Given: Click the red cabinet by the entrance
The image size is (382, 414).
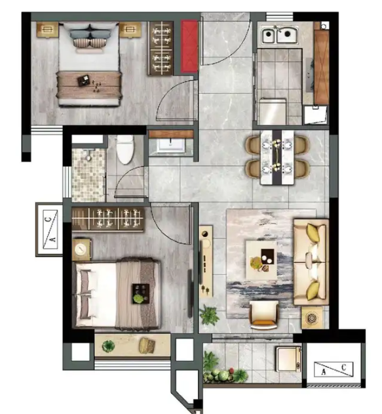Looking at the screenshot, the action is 189,47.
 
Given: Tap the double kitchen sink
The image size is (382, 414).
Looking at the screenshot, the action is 280,35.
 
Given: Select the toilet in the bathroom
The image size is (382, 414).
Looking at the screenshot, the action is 125,150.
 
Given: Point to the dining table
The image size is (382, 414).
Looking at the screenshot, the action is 277,157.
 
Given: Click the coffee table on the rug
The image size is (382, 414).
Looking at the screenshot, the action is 261,260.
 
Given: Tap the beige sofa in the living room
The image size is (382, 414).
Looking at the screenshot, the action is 311,262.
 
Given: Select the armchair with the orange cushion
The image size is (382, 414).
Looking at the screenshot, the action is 264,315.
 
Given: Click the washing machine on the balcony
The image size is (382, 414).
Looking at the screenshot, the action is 288,359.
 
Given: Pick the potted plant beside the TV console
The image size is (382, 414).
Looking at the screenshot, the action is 209,315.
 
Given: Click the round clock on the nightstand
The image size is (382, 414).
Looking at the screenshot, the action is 81,249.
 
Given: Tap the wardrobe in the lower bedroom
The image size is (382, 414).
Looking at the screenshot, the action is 108,219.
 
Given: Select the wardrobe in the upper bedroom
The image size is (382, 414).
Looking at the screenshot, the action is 161,49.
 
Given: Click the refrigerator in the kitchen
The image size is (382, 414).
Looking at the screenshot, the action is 273,112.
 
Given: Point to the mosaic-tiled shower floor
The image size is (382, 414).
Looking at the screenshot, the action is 88,175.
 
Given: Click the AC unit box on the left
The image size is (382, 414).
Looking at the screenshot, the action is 49,230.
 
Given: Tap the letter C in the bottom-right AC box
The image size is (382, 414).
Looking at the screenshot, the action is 343,367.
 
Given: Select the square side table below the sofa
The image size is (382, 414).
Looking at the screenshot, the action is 312,318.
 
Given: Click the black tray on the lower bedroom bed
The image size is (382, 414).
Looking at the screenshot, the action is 140,293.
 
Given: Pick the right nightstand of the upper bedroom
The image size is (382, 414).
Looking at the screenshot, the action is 130,30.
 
